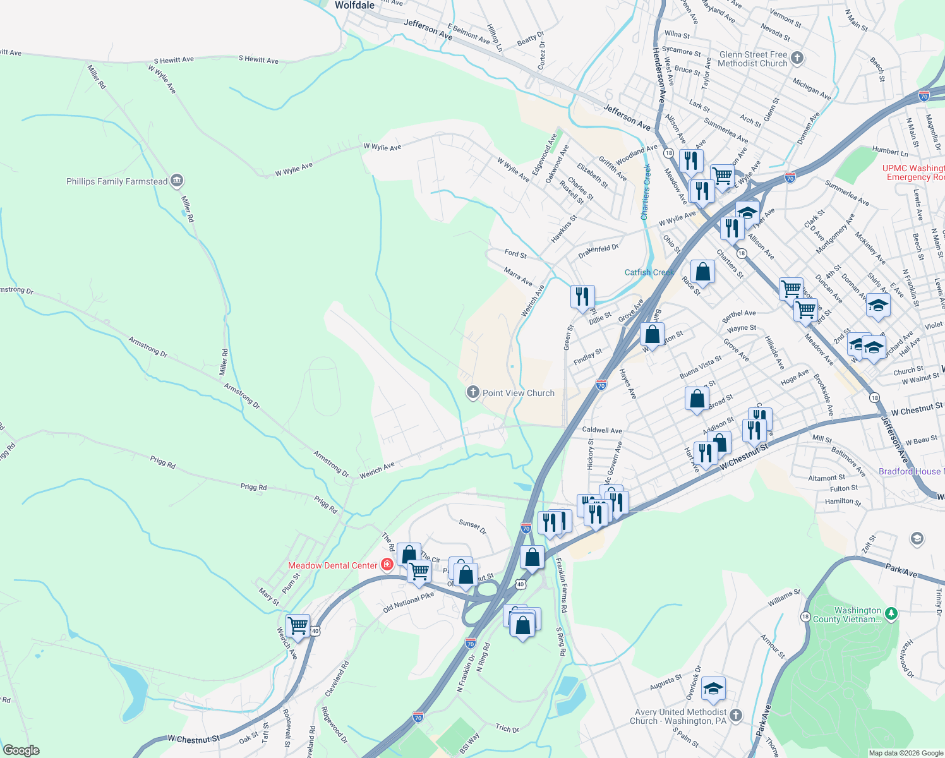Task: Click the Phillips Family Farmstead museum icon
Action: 177,181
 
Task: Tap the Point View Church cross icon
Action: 472,393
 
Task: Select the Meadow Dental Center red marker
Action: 387,565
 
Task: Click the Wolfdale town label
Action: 354,5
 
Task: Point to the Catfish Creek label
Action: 649,272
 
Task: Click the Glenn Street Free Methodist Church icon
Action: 797,59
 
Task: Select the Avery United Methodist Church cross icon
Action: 736,716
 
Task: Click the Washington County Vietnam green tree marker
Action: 891,613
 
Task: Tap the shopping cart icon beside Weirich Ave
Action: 298,626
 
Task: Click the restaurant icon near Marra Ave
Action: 582,296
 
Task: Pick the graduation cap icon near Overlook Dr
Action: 713,689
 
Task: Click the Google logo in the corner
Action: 21,750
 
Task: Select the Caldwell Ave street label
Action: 602,430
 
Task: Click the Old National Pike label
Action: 408,603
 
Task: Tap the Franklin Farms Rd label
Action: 562,584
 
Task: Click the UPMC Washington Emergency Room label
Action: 913,172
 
